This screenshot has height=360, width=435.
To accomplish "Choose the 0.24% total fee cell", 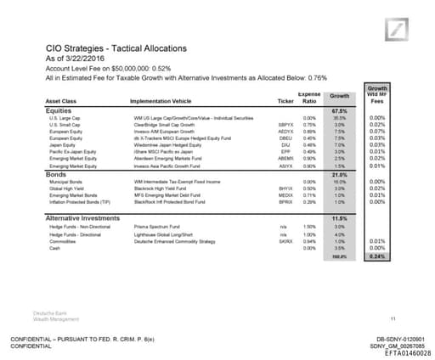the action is (379, 256).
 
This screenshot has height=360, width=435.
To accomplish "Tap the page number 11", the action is (393, 295).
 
